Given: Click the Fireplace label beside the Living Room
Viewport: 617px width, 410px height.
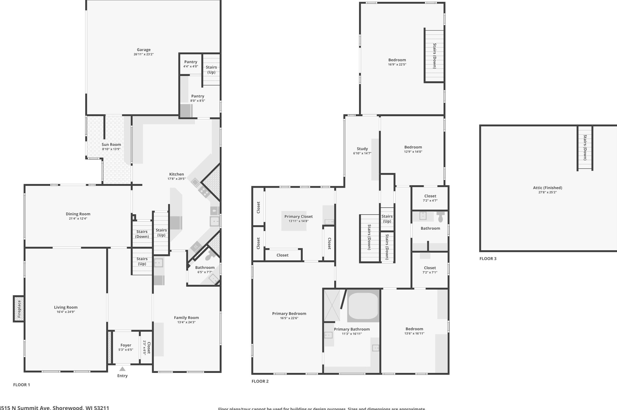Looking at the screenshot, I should [x=19, y=309].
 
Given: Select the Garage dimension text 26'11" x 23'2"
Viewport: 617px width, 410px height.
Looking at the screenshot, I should [x=144, y=54].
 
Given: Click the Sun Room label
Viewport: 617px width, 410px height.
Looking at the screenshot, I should [x=111, y=145].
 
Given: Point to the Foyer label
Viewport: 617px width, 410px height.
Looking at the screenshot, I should [x=126, y=345].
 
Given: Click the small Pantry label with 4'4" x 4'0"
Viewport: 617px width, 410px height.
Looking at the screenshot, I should [x=191, y=62].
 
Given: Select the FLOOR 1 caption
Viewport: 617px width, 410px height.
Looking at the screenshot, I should [x=21, y=385].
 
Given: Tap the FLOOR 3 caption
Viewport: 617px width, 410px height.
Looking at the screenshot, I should [x=488, y=259].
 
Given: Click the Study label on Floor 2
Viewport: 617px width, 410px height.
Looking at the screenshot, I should [x=362, y=149].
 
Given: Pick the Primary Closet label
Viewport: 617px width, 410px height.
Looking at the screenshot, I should [x=298, y=217].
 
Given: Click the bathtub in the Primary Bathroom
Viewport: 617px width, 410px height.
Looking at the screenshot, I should [x=363, y=306].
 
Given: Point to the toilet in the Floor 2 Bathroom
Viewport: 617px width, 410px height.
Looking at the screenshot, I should [x=440, y=217].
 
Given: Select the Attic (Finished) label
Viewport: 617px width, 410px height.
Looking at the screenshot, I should [x=547, y=188].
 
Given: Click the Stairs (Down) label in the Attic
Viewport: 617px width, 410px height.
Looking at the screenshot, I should [x=585, y=147].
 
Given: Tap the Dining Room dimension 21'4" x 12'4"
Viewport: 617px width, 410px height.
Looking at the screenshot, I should [x=78, y=219].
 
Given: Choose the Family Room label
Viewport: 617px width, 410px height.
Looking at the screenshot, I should [x=186, y=318].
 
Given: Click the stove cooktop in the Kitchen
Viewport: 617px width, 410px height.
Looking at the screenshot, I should [x=204, y=192].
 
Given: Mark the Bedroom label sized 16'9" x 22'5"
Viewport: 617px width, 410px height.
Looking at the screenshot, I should [x=397, y=60].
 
